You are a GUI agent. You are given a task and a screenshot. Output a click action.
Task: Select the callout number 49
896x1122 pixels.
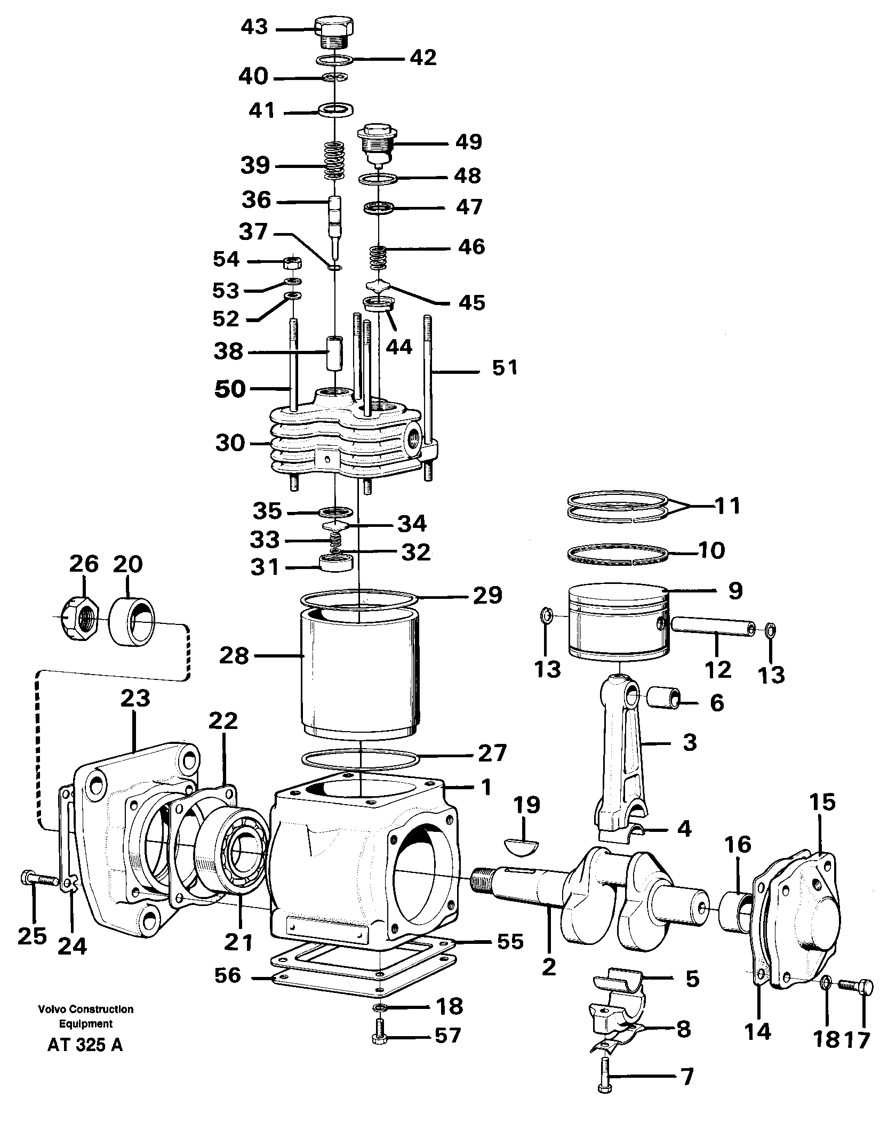coord(468,142)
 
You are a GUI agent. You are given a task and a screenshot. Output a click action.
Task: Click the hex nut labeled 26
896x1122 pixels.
coord(79,619)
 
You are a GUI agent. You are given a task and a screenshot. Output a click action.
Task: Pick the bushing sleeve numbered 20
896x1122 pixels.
coord(132,620)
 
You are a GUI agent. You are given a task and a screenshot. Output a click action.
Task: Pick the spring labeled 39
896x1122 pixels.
coord(334,161)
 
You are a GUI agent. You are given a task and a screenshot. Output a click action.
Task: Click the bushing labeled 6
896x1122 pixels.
coord(663,698)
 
